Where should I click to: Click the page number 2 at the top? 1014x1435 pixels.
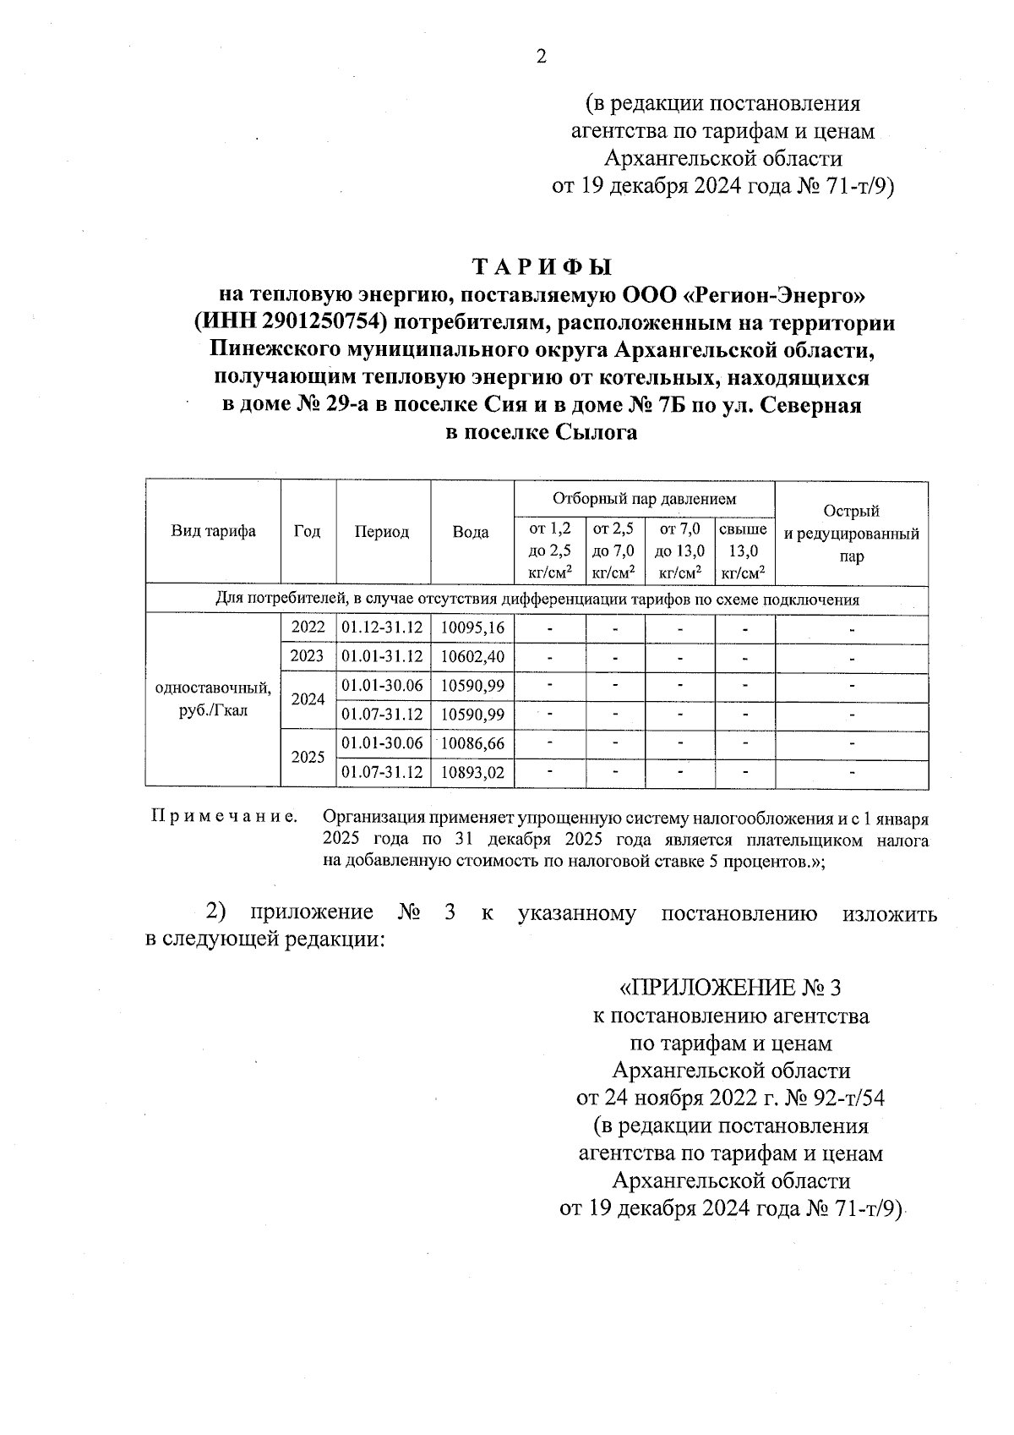tap(542, 57)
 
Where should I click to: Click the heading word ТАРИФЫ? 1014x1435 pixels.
tap(542, 267)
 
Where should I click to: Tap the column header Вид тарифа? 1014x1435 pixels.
tap(213, 531)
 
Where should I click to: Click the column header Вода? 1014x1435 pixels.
tap(471, 532)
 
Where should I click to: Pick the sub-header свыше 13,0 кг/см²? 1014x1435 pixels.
tap(743, 550)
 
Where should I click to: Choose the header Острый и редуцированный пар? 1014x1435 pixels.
tap(851, 533)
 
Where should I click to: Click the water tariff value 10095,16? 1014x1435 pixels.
tap(472, 627)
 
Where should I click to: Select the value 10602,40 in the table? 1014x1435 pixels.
tap(472, 656)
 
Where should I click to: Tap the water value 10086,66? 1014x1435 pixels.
tap(472, 743)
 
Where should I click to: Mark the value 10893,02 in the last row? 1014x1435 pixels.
tap(472, 773)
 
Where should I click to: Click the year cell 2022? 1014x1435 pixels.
tap(308, 627)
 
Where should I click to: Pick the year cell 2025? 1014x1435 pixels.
tap(308, 758)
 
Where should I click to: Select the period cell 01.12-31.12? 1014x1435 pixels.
tap(382, 627)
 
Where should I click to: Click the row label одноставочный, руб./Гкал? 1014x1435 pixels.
tap(213, 698)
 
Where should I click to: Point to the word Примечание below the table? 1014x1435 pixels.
tap(224, 818)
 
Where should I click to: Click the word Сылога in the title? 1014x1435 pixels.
tap(596, 433)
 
